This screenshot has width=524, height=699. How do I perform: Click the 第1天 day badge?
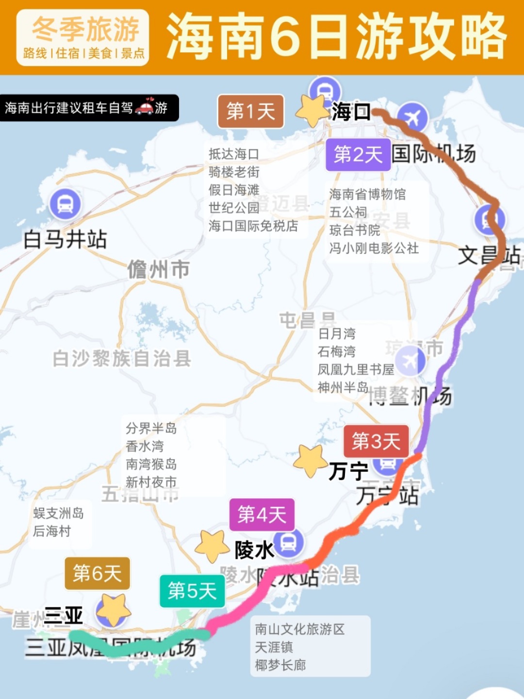(250, 112)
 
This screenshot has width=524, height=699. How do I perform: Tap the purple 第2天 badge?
(358, 155)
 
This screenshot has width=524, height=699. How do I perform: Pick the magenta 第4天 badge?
(262, 515)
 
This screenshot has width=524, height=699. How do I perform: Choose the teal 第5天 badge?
(192, 591)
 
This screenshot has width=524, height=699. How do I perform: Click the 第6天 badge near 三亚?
(98, 573)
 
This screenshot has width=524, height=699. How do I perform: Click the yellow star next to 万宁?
(310, 461)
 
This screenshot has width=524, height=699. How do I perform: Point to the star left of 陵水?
(212, 546)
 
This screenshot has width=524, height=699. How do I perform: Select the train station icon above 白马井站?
(65, 204)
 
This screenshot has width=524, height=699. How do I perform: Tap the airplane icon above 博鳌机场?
(410, 361)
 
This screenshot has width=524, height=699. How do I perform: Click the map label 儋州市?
(158, 270)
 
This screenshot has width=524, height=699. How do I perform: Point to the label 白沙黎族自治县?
(122, 359)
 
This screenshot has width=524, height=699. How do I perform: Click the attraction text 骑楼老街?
(234, 172)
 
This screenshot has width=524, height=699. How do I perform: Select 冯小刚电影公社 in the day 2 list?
(374, 248)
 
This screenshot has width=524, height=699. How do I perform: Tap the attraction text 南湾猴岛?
(151, 464)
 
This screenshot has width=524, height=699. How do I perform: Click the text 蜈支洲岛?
(58, 513)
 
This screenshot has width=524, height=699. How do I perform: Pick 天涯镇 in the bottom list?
(274, 647)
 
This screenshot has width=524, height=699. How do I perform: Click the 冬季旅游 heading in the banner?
(85, 29)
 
